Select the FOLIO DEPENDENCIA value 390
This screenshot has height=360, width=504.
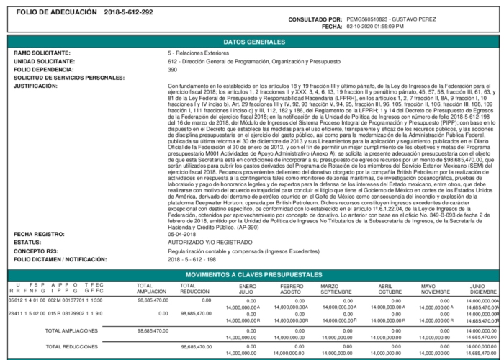(x=172, y=69)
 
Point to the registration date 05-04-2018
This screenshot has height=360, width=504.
(x=179, y=235)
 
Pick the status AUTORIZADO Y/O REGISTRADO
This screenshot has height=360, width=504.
(x=205, y=243)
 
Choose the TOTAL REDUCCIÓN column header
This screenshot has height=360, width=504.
(x=194, y=287)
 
